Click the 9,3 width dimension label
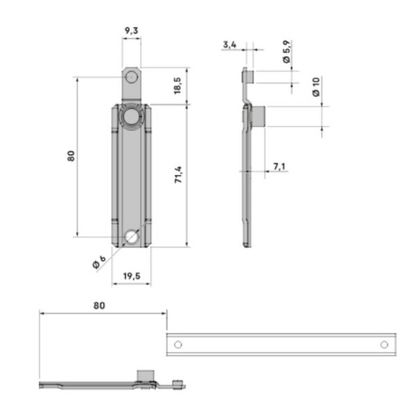[131, 31]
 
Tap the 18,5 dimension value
[177, 85]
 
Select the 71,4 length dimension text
[178, 174]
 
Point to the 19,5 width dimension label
[131, 276]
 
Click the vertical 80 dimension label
[71, 156]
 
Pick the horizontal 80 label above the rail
[99, 306]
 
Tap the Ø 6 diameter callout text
[99, 262]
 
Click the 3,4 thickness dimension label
[229, 44]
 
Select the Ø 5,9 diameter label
[286, 51]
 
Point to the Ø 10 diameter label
[316, 87]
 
